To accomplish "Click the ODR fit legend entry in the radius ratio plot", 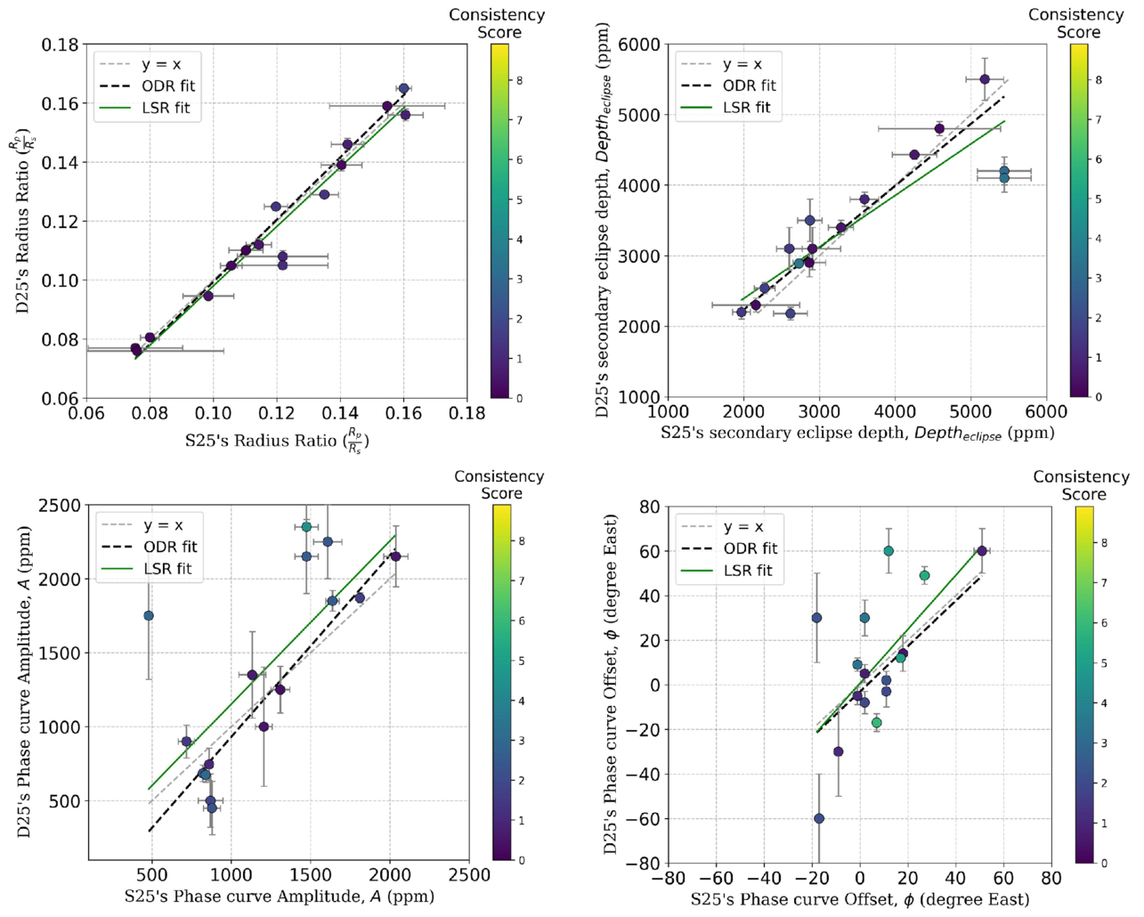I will coord(168,86).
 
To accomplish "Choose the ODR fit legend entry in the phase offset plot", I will coord(750,548).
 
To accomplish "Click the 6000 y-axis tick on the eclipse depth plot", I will coord(640,45).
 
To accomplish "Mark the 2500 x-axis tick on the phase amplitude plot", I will coord(469,875).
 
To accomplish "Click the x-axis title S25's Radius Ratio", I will coord(277,441).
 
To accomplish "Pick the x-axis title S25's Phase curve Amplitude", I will coord(280,897).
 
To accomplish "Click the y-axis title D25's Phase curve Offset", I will coord(610,684).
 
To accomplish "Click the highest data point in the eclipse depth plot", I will coord(985,79).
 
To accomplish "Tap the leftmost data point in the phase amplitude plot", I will coord(149,616).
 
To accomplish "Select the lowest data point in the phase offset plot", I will coord(819,818).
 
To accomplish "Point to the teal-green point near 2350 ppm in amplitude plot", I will coord(306,527).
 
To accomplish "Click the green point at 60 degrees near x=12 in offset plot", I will coord(888,551).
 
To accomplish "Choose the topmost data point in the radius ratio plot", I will coord(403,89).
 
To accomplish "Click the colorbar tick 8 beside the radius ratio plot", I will coord(519,80).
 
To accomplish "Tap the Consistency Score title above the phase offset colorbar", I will coord(1081,485).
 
